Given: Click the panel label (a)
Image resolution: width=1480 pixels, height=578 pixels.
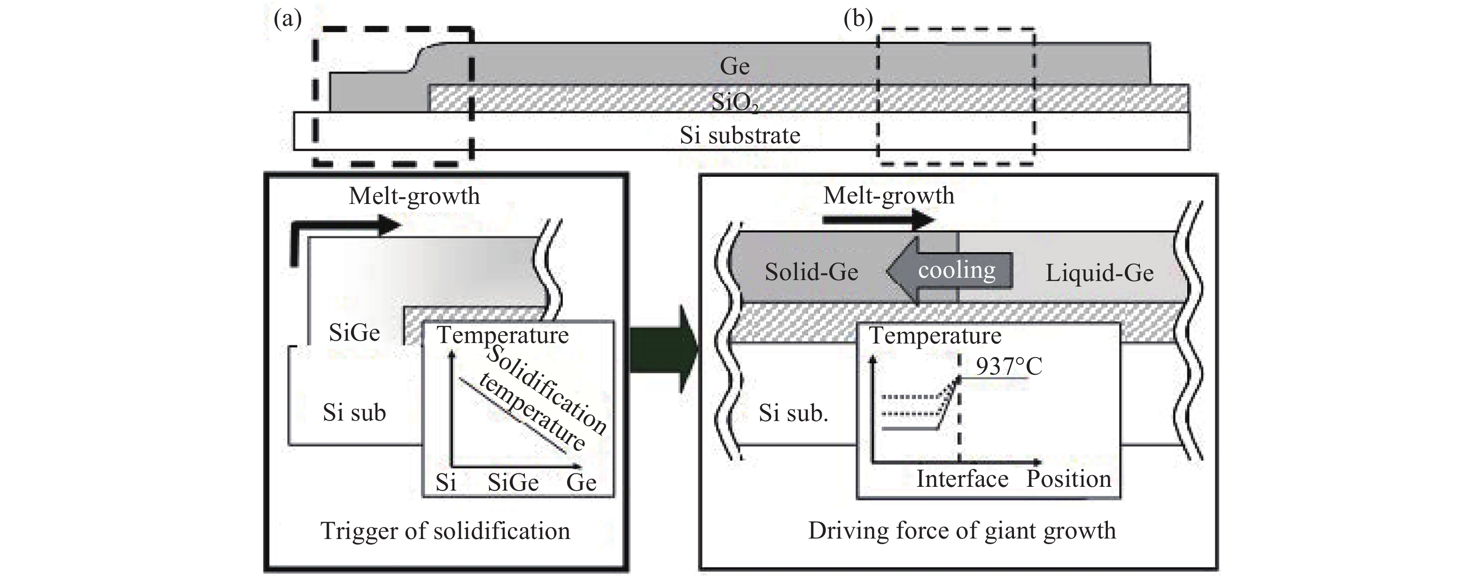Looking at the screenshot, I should point(287,20).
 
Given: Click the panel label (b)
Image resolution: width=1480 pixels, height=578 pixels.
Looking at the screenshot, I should point(858,20).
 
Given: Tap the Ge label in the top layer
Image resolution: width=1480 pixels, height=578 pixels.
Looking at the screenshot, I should point(734,66).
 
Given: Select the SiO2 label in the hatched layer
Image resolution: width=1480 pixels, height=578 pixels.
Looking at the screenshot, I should point(734,103).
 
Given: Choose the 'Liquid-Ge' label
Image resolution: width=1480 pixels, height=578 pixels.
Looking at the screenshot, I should point(1099,273).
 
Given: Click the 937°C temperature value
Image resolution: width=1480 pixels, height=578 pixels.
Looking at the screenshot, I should point(1008,366).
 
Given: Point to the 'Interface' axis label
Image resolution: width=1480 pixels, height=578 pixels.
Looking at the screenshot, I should point(962,478).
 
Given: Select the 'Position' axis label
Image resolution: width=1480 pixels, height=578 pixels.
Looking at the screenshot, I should point(1068,478).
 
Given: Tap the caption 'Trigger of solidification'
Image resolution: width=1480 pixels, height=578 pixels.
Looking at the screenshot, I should point(445,531).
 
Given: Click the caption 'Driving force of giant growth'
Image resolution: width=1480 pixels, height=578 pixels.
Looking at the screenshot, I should point(962,531).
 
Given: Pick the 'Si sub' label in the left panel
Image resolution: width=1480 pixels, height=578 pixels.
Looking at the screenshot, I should point(354,413).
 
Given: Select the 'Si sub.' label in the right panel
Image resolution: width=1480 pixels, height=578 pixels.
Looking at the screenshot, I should point(793,413).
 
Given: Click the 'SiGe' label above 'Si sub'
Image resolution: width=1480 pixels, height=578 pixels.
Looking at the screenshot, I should point(354,332).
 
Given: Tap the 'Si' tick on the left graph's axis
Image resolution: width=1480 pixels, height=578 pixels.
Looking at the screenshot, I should point(446,482).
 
